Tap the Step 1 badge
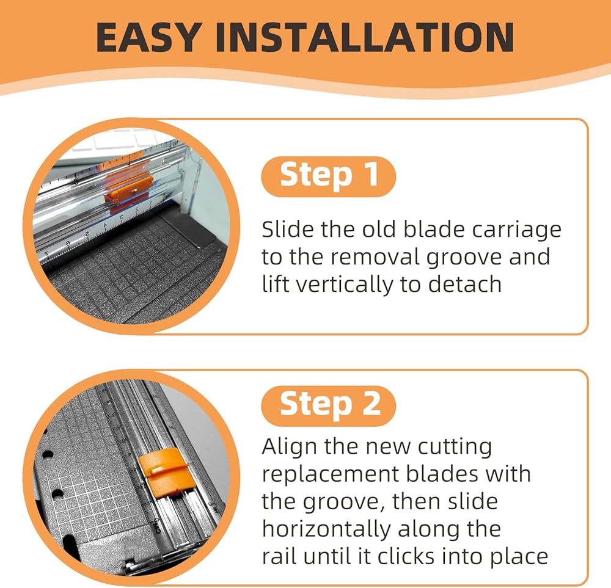[329, 176]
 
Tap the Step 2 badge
[329, 406]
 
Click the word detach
[464, 285]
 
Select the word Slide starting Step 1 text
[288, 230]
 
